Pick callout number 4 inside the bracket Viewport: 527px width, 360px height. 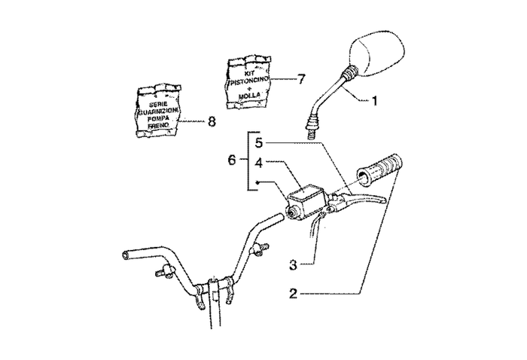coord(258,161)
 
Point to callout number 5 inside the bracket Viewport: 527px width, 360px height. coord(258,142)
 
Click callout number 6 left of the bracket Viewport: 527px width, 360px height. coord(233,160)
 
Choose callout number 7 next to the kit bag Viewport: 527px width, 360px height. coord(301,78)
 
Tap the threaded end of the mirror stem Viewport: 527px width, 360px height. coord(309,126)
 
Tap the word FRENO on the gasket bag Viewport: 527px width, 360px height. coord(158,125)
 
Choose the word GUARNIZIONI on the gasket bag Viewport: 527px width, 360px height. coord(158,110)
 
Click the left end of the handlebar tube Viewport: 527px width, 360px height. coord(124,255)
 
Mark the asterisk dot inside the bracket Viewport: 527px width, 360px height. coord(257,182)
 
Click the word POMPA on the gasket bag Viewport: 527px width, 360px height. coord(158,117)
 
